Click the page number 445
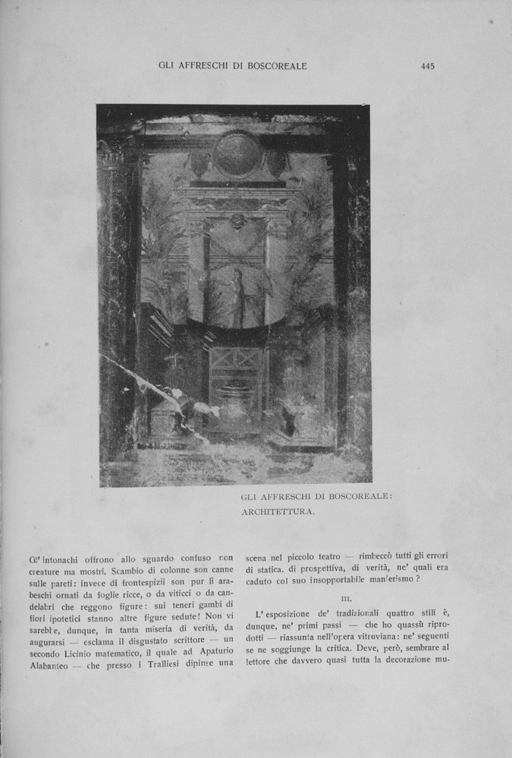click(x=427, y=66)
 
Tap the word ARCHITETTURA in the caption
click(x=278, y=512)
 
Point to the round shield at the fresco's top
click(x=237, y=155)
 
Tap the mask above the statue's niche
click(x=237, y=221)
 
